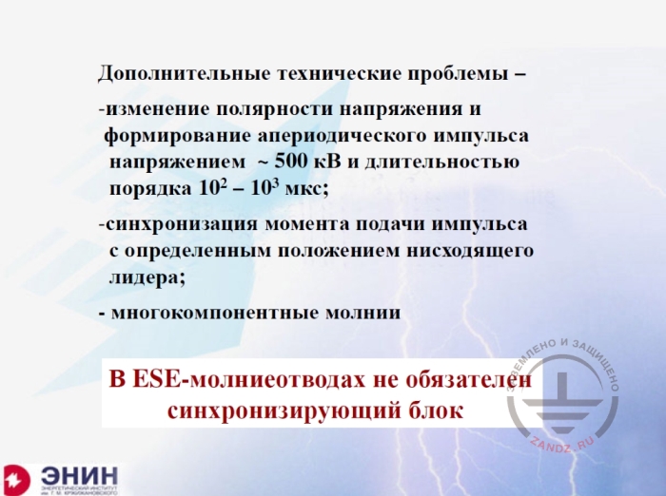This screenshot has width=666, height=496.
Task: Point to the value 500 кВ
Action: (304, 162)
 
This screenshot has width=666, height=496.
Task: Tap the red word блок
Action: (439, 410)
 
